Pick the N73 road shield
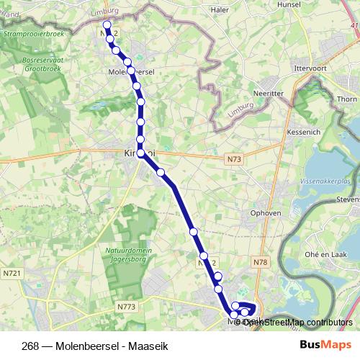tap(233, 158)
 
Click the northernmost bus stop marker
tap(107, 25)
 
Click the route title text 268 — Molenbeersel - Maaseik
tap(89, 345)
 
